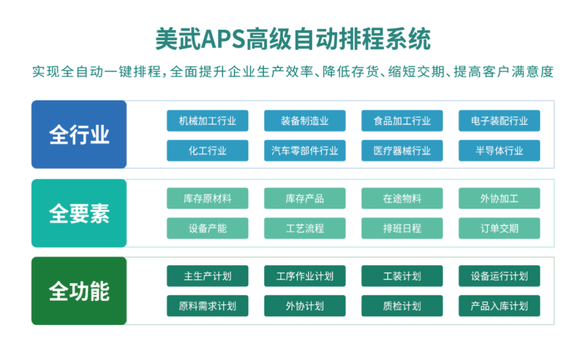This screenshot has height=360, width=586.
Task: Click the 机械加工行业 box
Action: pyautogui.click(x=207, y=121)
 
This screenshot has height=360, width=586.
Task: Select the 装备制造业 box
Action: pyautogui.click(x=304, y=121)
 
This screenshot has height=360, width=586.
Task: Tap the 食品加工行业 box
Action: pyautogui.click(x=402, y=121)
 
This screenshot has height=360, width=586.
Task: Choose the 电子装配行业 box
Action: pyautogui.click(x=499, y=121)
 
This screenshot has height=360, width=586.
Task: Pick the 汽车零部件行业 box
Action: pyautogui.click(x=304, y=150)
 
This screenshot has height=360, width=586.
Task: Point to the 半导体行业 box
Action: pyautogui.click(x=499, y=150)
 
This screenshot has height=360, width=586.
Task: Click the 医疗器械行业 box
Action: pyautogui.click(x=402, y=150)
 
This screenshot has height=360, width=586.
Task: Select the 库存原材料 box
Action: pyautogui.click(x=207, y=198)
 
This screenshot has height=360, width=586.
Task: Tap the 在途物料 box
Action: pyautogui.click(x=402, y=198)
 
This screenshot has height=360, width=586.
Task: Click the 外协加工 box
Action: pyautogui.click(x=499, y=198)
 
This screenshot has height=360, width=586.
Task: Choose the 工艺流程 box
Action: pyautogui.click(x=304, y=228)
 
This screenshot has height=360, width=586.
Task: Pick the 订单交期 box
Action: pyautogui.click(x=499, y=228)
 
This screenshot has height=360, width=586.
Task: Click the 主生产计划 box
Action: pyautogui.click(x=207, y=276)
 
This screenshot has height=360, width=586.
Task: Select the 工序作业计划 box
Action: pyautogui.click(x=304, y=276)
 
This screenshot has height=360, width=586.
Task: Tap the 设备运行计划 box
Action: pyautogui.click(x=499, y=276)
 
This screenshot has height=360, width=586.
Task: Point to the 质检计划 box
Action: pyautogui.click(x=402, y=306)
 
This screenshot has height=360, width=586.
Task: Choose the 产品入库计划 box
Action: pyautogui.click(x=499, y=306)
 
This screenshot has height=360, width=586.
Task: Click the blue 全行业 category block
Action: pyautogui.click(x=79, y=135)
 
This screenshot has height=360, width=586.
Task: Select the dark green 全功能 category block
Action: pyautogui.click(x=79, y=291)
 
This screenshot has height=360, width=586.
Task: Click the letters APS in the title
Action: pyautogui.click(x=223, y=39)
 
